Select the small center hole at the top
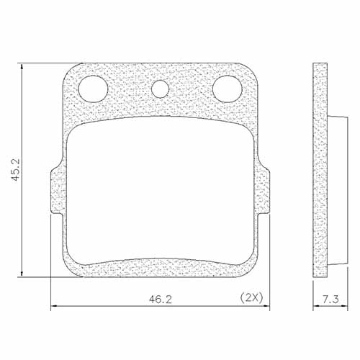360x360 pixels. pos(160,88)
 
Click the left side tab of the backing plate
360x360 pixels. pos(56,191)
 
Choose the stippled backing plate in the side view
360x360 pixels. pos(320,171)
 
